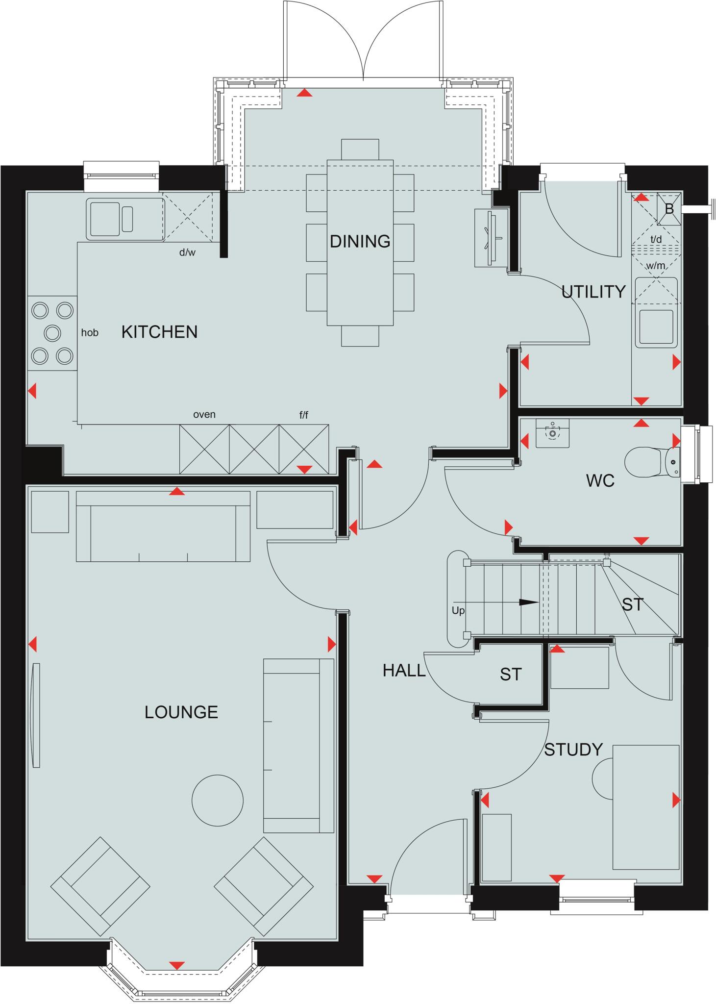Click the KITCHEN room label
click(x=159, y=332)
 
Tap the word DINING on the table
click(x=360, y=241)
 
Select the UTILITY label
click(x=593, y=292)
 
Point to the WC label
click(x=600, y=481)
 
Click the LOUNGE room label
click(x=181, y=712)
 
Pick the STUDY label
click(x=573, y=750)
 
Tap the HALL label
click(x=404, y=671)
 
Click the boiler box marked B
click(x=669, y=209)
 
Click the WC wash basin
click(x=552, y=433)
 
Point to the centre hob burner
click(x=52, y=333)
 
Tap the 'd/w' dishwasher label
click(x=187, y=253)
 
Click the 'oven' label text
click(x=204, y=414)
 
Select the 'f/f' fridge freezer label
click(x=304, y=415)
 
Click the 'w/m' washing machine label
click(x=656, y=266)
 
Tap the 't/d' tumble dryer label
click(x=656, y=239)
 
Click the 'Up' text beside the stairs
click(x=458, y=611)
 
